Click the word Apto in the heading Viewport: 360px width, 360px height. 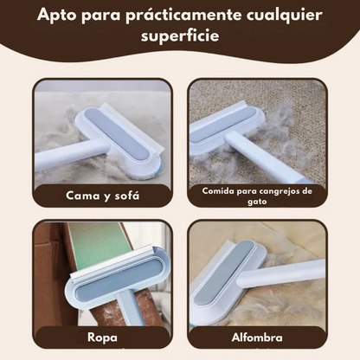coord(56,16)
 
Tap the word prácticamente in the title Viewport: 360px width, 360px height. coord(183,16)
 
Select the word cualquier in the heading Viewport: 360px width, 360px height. coord(284,16)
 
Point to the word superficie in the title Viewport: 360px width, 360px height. coord(180,36)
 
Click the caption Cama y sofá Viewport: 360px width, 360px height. coord(102,196)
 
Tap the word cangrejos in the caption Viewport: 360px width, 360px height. coord(279,191)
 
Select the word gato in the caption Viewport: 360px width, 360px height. coord(257,202)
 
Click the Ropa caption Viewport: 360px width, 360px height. coord(102,337)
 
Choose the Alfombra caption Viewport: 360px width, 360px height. coord(257,337)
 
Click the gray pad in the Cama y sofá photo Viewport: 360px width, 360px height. coord(119,132)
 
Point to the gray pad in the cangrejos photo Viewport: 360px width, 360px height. coord(223,124)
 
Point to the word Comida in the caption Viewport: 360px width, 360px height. coord(218,191)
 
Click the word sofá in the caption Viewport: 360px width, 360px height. coord(127,196)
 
